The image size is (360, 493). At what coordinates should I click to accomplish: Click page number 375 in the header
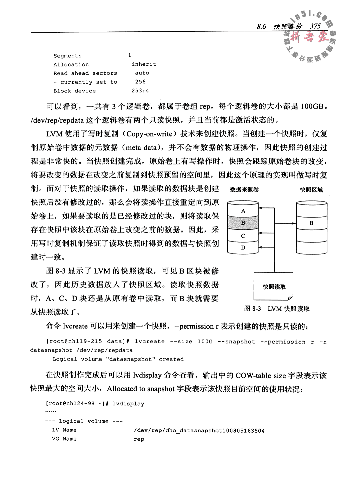tap(315, 26)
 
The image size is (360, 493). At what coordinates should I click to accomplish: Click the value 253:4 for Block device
tap(140, 91)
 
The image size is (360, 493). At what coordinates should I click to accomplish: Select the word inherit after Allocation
tap(144, 64)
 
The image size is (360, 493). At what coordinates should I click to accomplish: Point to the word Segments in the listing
tap(67, 56)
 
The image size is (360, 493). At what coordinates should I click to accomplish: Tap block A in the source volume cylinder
tap(243, 211)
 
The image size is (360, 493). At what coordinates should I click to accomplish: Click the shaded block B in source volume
tap(243, 223)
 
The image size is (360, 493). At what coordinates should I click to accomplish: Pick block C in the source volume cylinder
tap(243, 235)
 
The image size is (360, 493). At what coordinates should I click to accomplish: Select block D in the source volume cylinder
tap(243, 248)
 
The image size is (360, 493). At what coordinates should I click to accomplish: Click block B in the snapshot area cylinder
tap(311, 223)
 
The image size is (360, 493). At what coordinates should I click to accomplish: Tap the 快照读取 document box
tap(274, 287)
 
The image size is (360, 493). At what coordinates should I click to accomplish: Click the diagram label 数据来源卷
tap(244, 190)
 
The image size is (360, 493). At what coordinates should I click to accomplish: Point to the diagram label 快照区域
tap(311, 190)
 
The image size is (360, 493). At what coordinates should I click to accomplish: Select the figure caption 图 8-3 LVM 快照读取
tap(277, 309)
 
